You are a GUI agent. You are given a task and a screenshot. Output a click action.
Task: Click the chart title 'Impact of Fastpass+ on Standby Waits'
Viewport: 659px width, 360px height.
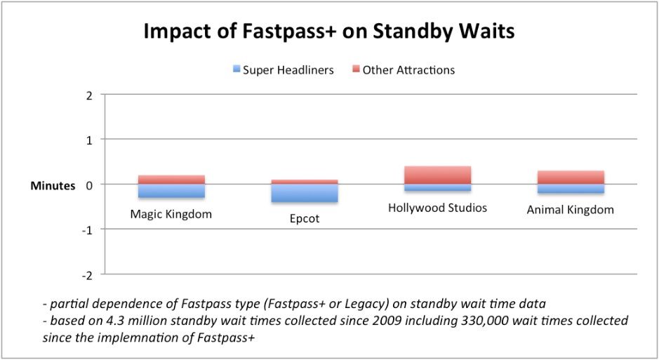(x=329, y=32)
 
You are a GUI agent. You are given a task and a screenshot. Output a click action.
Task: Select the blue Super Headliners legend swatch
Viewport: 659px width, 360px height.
(x=236, y=69)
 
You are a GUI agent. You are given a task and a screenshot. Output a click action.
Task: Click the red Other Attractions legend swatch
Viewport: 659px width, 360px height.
(x=356, y=69)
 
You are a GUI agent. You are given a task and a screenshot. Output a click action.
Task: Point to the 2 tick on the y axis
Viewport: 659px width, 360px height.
(x=88, y=95)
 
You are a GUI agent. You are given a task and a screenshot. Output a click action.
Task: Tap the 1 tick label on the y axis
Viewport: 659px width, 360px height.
(x=88, y=140)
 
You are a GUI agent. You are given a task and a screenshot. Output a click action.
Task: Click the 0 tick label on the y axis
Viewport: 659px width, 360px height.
(x=88, y=185)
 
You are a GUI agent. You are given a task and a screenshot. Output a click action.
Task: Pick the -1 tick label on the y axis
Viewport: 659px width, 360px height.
(x=87, y=229)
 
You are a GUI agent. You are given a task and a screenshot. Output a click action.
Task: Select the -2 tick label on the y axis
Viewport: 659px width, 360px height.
(x=87, y=274)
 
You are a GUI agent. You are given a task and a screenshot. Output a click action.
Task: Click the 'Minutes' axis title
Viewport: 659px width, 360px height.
(x=52, y=186)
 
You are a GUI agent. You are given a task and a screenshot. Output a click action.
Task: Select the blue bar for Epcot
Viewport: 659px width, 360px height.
(x=304, y=193)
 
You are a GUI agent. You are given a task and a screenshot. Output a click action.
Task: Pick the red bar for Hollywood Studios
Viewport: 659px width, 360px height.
(x=437, y=175)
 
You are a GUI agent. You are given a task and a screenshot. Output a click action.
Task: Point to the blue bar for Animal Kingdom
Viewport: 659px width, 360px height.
(x=570, y=189)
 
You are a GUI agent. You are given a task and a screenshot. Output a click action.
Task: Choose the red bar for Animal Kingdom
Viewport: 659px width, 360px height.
(x=570, y=177)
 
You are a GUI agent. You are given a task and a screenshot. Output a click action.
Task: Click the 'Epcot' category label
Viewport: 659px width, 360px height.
(x=304, y=219)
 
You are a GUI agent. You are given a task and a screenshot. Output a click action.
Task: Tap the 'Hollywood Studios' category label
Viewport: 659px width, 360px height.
(x=437, y=208)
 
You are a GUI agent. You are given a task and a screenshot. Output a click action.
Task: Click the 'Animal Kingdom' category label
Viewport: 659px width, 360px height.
(x=570, y=210)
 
